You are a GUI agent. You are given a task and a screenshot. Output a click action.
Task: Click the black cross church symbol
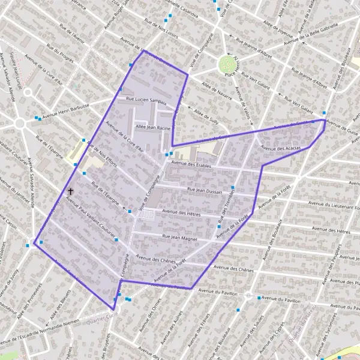[x=70, y=191]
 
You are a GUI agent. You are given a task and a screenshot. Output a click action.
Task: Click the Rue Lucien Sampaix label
[x=146, y=100]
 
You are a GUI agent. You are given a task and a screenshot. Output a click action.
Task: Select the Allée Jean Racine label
[x=153, y=128]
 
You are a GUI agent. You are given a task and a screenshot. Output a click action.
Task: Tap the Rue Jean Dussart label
[x=205, y=192]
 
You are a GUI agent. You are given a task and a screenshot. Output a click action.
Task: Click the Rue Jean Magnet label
[x=180, y=238]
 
